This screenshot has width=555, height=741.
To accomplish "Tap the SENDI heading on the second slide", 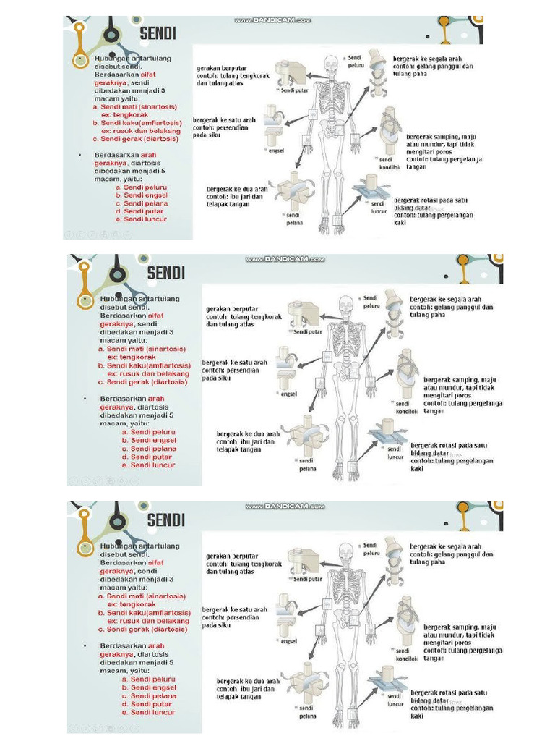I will point(166,273).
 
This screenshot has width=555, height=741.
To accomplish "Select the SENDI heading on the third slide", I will point(166,519).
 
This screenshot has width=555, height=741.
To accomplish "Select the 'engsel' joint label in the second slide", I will point(290,395).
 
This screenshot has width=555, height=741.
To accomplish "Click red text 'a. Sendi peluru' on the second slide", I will point(149,432).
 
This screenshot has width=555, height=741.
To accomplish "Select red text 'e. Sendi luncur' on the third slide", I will point(149,712).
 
